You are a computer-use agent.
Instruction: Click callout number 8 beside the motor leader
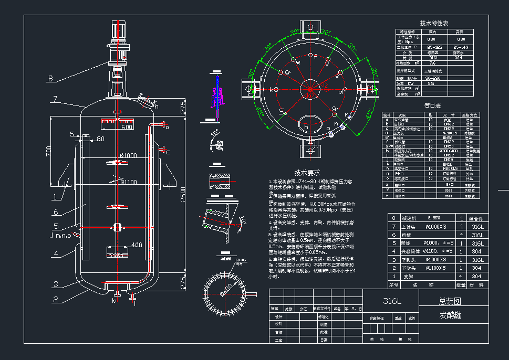click(x=50, y=79)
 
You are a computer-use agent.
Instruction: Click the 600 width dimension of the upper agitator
click(x=127, y=127)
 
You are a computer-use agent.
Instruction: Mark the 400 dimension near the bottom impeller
click(x=136, y=245)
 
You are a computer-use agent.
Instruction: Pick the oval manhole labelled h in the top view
click(x=310, y=125)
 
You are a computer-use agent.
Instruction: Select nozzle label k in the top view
click(x=271, y=90)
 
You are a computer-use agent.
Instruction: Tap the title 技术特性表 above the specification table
click(x=434, y=24)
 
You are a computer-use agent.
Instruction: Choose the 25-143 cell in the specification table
click(x=461, y=47)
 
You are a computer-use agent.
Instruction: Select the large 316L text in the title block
click(x=391, y=301)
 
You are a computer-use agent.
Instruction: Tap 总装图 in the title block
click(x=450, y=301)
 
